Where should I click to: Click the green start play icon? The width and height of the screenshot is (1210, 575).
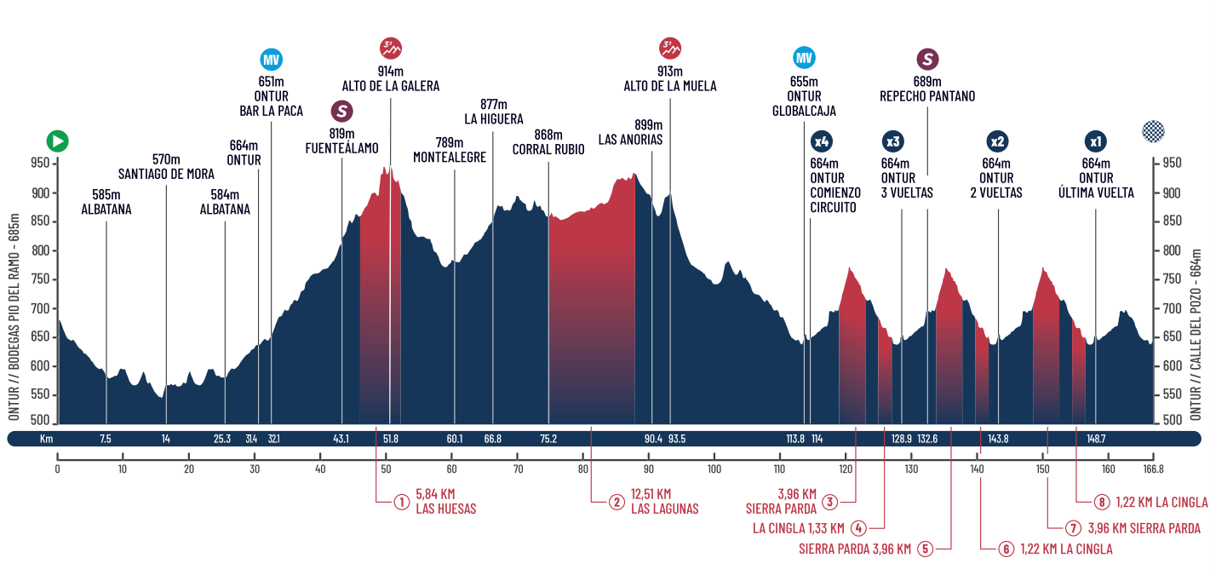click(58, 141)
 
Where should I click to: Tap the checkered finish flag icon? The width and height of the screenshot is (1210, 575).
click(1153, 131)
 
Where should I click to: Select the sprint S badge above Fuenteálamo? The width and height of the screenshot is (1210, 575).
click(342, 112)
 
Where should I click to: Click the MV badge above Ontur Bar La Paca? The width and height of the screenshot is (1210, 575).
click(271, 60)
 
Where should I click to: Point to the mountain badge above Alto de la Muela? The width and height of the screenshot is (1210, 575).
click(670, 48)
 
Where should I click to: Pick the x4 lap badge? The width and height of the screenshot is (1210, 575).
click(822, 141)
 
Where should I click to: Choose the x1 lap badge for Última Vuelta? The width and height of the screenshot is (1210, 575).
click(1096, 141)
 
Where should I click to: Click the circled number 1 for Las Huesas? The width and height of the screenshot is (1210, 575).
click(400, 502)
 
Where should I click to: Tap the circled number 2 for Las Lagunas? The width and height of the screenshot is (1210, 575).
click(616, 502)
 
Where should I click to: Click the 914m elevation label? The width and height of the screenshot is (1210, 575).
click(391, 72)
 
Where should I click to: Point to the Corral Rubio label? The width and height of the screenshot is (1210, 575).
click(548, 149)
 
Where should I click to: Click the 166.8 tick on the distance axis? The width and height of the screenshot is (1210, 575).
click(1153, 469)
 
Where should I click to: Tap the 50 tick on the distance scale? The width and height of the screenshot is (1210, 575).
click(386, 469)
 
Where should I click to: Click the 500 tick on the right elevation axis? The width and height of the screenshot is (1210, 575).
click(1173, 420)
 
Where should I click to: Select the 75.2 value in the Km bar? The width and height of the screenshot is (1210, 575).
click(548, 440)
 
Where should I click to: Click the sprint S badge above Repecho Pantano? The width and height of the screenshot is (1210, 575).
click(927, 60)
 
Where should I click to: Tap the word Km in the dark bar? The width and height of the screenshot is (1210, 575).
click(47, 440)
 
